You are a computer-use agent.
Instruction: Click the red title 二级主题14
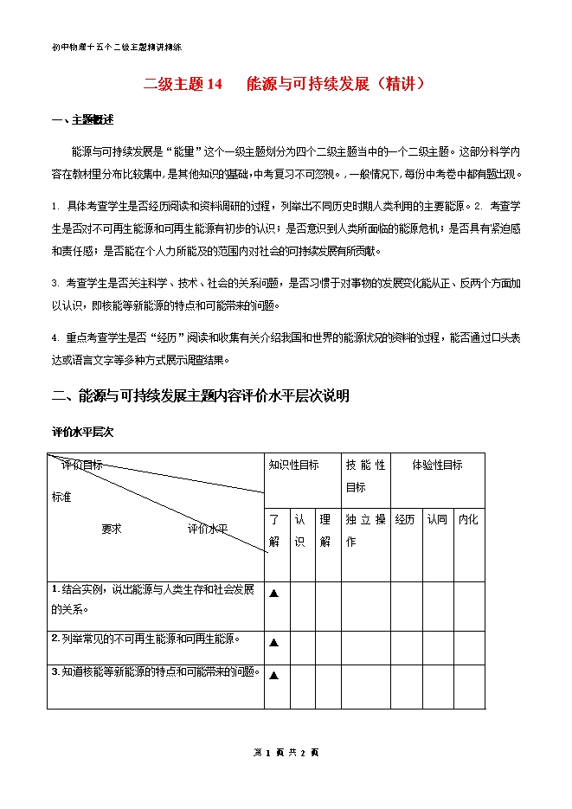coord(183,84)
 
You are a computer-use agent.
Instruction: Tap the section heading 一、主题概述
coord(83,119)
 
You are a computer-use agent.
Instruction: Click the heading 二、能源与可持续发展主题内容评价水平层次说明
coord(201,395)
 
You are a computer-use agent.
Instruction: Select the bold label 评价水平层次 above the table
coord(83,430)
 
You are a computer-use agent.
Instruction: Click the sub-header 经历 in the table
coord(406,519)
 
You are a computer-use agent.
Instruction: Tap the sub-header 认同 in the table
coord(437,519)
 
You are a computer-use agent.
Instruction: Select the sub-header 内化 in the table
coord(468,519)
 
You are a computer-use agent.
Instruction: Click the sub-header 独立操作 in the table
coord(364,530)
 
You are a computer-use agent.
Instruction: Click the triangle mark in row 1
coord(274,594)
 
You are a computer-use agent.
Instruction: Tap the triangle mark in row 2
coord(274,643)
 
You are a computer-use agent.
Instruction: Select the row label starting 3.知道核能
coord(156,671)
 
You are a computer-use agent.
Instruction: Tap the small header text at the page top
coord(116,47)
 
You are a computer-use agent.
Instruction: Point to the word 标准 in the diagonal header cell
coord(62,498)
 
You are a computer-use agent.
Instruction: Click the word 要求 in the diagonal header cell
coord(112,529)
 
